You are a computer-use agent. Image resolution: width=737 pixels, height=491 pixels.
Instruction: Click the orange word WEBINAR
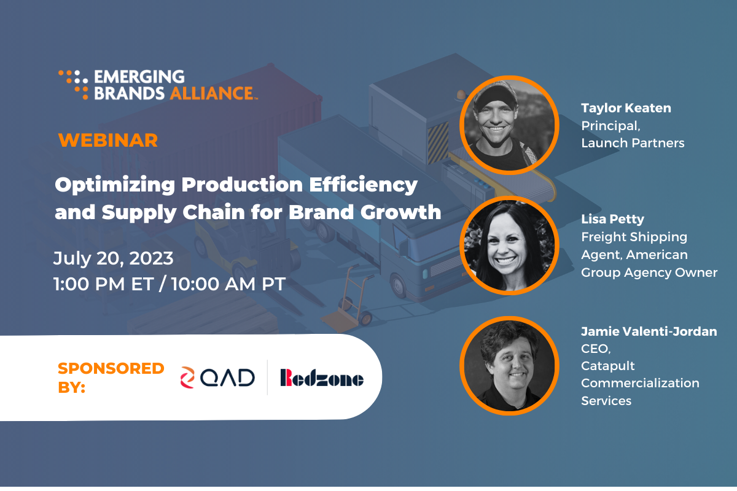108,141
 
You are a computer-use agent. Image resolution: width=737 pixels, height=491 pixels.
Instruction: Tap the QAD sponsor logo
217,377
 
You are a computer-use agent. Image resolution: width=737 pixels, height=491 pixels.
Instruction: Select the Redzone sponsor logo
322,377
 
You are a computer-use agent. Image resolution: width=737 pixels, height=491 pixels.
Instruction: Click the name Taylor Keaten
626,108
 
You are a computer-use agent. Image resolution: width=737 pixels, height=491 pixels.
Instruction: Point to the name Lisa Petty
612,219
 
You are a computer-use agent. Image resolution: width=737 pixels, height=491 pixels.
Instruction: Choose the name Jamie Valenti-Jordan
649,331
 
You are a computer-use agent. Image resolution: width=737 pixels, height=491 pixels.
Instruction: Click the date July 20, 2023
114,258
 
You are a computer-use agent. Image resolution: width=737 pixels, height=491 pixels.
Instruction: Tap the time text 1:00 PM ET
104,284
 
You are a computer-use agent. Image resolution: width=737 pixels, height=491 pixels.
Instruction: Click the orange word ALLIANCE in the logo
212,93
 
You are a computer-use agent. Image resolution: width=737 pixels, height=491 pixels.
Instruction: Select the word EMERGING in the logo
139,77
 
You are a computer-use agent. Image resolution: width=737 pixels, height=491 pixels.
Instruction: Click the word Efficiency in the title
363,185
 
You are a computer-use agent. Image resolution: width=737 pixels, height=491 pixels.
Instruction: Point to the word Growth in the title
400,212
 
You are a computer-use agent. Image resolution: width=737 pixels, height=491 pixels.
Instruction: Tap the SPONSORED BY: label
111,377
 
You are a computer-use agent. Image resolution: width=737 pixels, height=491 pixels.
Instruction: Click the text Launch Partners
633,143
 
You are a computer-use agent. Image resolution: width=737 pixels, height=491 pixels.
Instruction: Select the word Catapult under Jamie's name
607,366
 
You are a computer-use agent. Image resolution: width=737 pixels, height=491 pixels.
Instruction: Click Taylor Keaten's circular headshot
509,125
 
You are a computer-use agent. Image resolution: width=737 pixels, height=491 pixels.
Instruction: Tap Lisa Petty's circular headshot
509,245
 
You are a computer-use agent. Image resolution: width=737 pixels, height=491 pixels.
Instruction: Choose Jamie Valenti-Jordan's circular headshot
509,366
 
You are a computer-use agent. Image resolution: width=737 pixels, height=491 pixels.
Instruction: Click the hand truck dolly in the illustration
349,300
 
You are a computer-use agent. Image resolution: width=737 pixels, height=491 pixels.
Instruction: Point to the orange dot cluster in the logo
73,85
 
